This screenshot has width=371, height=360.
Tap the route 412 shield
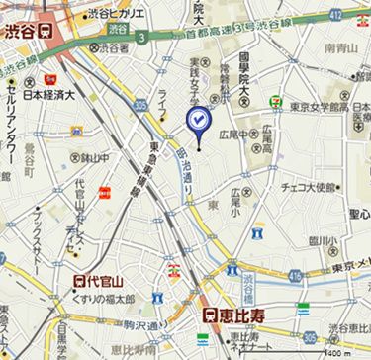[x=363, y=14]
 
